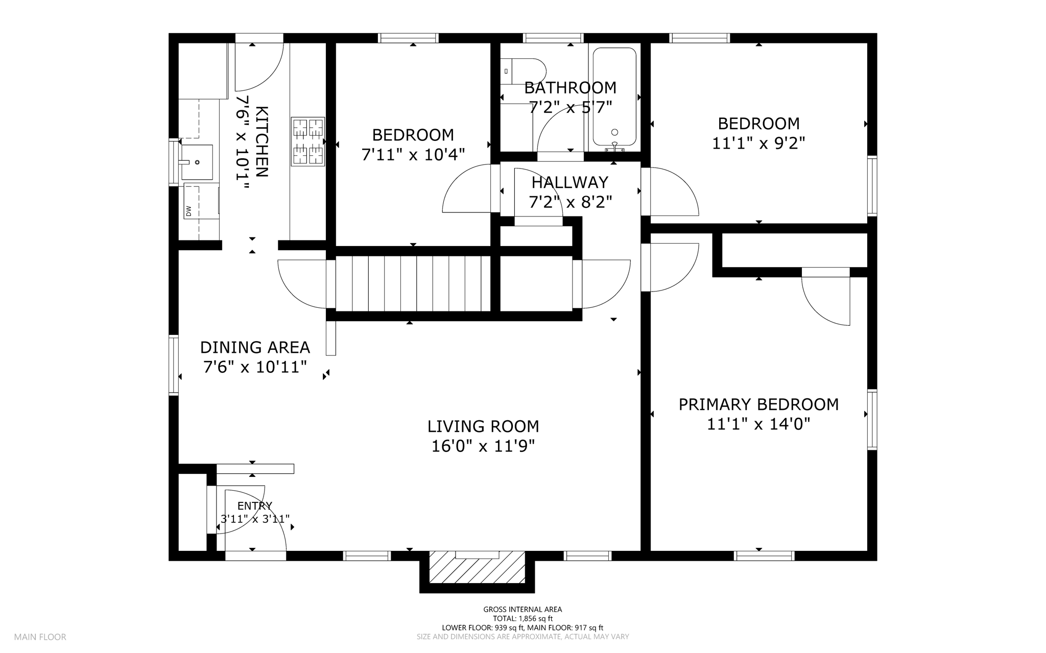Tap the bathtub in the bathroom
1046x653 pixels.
[x=614, y=97]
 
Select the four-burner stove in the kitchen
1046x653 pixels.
[x=308, y=141]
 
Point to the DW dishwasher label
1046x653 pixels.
[x=188, y=210]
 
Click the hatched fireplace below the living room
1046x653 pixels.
[x=477, y=568]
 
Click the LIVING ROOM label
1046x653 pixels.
[x=483, y=426]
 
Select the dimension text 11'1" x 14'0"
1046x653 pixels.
[x=758, y=424]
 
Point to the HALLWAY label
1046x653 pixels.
[x=570, y=182]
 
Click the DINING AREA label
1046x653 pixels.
[x=255, y=348]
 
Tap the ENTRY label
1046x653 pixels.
[x=255, y=506]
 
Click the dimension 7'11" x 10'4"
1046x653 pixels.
[x=413, y=155]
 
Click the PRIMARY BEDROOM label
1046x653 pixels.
[x=758, y=404]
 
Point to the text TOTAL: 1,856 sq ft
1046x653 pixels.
[x=522, y=618]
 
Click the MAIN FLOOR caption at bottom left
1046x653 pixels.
[x=40, y=637]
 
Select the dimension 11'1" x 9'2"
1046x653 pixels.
[x=758, y=143]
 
